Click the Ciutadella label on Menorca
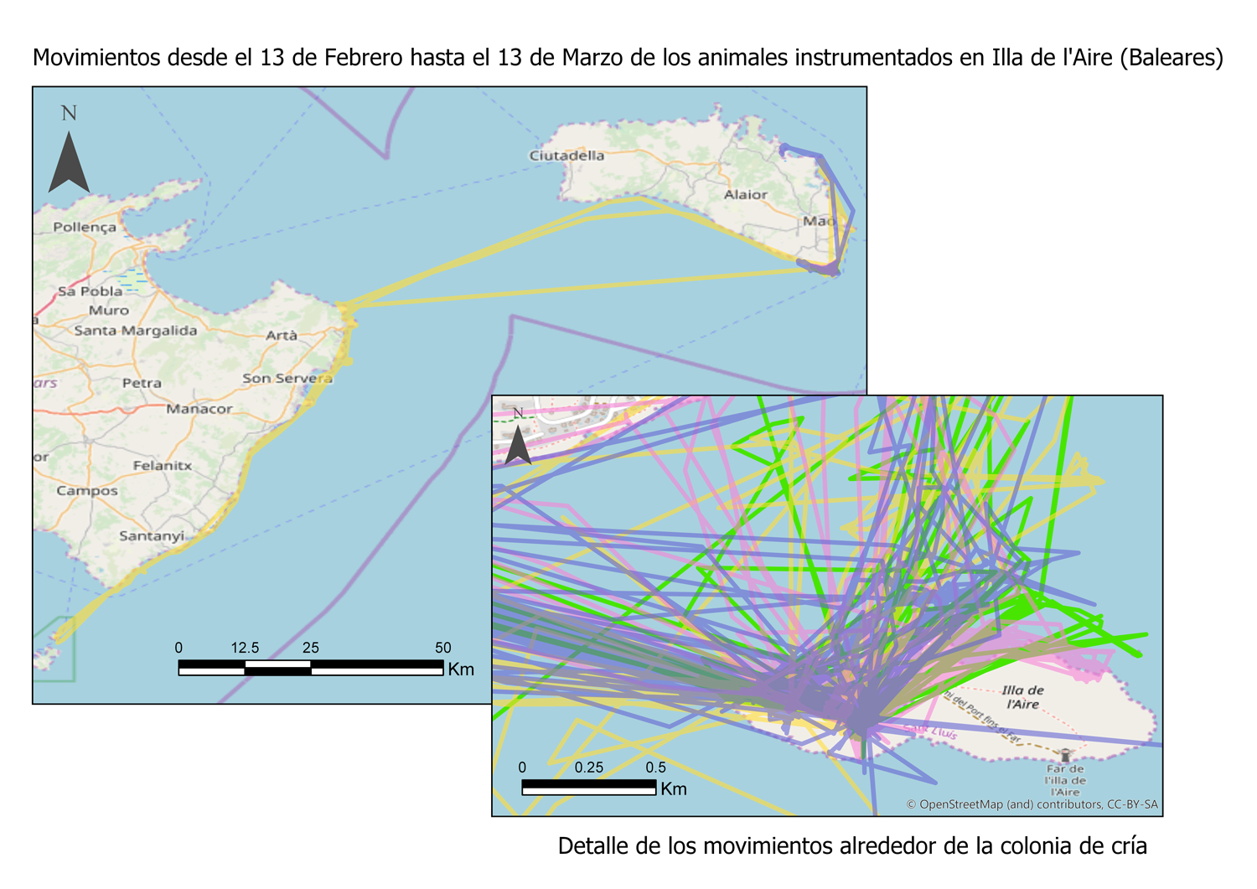566,155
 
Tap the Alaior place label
745,194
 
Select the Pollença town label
85,227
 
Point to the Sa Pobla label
90,292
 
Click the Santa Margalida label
136,330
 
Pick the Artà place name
282,335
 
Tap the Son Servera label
287,378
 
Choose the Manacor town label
199,409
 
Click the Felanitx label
163,465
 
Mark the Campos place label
87,490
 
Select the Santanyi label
152,535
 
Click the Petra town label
142,383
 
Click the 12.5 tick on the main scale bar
245,648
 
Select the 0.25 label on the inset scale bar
589,768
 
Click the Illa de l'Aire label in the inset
1023,697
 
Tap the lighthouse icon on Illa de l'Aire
1065,755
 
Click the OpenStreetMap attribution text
1032,804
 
